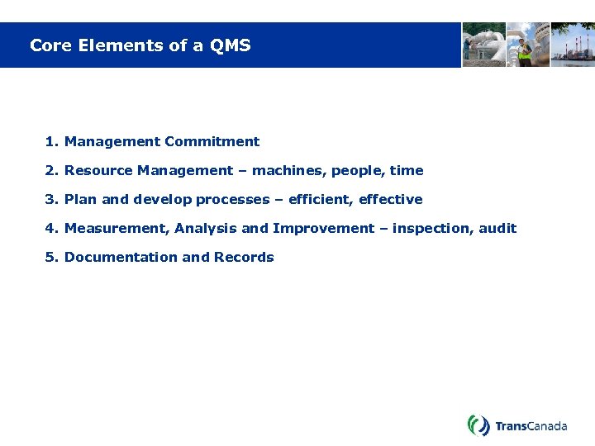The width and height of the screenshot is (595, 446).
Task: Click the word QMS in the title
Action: tap(231, 45)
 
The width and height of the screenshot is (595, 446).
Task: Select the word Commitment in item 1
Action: tap(212, 142)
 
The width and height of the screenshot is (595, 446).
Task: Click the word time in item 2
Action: tap(407, 171)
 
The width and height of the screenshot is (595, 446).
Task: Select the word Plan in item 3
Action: tap(80, 200)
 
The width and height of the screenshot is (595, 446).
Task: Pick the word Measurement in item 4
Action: tap(116, 229)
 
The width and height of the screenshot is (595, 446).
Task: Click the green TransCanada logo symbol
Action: tap(478, 425)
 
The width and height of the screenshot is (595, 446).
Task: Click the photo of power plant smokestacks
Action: tap(573, 45)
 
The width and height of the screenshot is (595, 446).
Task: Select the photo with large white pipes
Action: tap(483, 45)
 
